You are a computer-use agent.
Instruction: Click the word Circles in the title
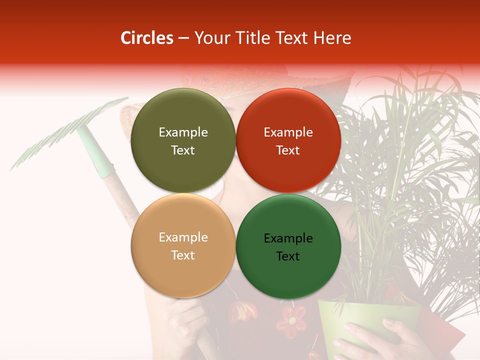click(x=147, y=38)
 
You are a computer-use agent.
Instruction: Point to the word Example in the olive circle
click(x=183, y=132)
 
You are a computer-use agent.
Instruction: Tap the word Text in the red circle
click(x=288, y=150)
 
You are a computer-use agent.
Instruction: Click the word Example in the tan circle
click(x=183, y=237)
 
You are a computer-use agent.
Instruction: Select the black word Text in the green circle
click(x=288, y=256)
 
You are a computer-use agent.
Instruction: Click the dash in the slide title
click(x=183, y=38)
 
